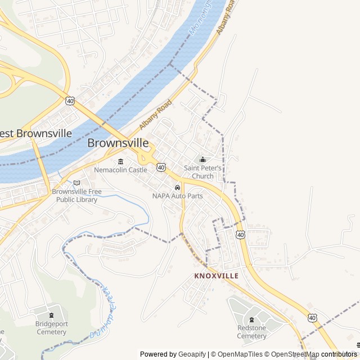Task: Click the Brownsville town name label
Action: (x=118, y=143)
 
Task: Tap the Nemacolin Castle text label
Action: (x=121, y=170)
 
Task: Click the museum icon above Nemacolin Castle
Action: (x=121, y=162)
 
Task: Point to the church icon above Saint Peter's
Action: (x=202, y=160)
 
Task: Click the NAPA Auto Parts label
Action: (x=177, y=196)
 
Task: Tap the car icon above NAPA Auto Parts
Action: (x=177, y=187)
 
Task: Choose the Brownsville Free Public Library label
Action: (x=76, y=195)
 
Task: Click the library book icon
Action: (x=76, y=183)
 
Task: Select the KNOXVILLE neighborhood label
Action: (x=216, y=276)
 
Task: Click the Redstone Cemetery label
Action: (x=251, y=332)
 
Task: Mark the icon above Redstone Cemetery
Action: (x=251, y=320)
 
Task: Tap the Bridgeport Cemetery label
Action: (x=51, y=328)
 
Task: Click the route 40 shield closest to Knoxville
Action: (x=241, y=234)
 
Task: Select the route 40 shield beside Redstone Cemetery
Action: (x=312, y=318)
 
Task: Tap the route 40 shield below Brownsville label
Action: (x=161, y=167)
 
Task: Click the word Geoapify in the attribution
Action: (x=192, y=354)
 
